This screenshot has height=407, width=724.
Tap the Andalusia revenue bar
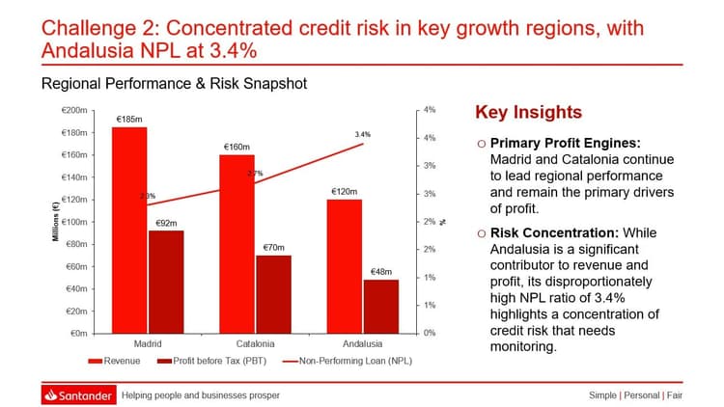pos(345,266)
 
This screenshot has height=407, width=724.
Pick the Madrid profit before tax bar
pos(165,282)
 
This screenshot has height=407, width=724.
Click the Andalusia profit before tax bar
pos(380,307)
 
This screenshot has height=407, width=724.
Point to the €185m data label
pos(129,120)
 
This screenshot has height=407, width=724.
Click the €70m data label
pos(273,248)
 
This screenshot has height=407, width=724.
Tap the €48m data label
pos(380,272)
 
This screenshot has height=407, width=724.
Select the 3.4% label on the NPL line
pos(363,134)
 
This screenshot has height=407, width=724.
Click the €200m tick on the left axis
pos(74,111)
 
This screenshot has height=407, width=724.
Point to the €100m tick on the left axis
pos(74,222)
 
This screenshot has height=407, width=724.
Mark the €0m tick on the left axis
pos(78,334)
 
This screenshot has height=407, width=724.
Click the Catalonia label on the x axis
pos(255,344)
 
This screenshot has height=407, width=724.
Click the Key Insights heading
pos(529,113)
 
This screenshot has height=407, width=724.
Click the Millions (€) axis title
pos(57,221)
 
